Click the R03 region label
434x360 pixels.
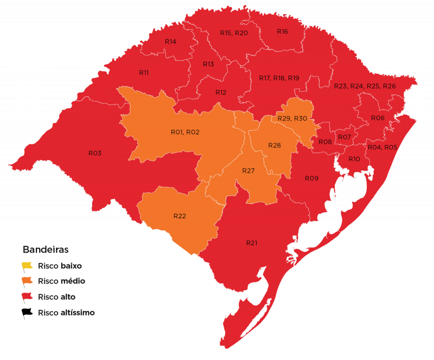click(x=95, y=153)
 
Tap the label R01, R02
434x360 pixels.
click(x=185, y=132)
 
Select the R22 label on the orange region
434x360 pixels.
click(x=180, y=216)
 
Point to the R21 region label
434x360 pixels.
click(x=251, y=243)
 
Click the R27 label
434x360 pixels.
click(x=248, y=170)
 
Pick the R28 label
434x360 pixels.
click(x=275, y=146)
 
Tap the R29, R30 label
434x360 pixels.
click(x=292, y=118)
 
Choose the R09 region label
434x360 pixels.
click(x=311, y=178)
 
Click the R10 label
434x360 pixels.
click(x=354, y=159)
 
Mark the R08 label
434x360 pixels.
click(x=325, y=142)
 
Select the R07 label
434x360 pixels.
click(x=344, y=137)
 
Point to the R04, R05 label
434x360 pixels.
click(x=382, y=147)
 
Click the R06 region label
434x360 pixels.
click(x=378, y=118)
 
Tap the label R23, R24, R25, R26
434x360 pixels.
click(x=365, y=86)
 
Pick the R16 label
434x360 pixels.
click(x=282, y=31)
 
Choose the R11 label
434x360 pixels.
click(x=144, y=72)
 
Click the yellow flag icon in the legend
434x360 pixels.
click(x=27, y=267)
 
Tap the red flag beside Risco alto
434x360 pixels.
click(x=27, y=297)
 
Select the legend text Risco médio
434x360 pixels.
click(x=61, y=281)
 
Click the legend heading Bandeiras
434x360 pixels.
click(x=45, y=250)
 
